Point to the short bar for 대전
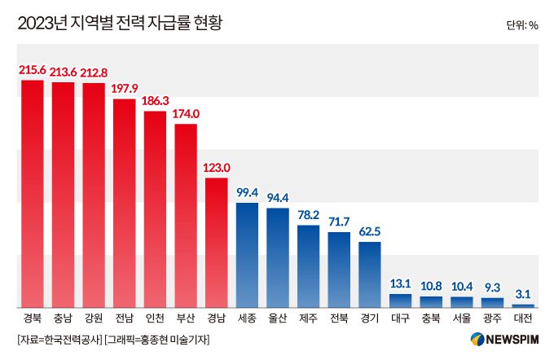click(523, 305)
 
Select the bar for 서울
click(462, 301)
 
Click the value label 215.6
click(33, 71)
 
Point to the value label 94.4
click(278, 199)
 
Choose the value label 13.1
click(400, 284)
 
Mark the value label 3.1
click(523, 295)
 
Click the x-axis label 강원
click(94, 318)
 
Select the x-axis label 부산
click(186, 318)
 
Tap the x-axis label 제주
click(308, 318)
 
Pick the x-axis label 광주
click(492, 318)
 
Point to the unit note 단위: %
click(521, 25)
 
